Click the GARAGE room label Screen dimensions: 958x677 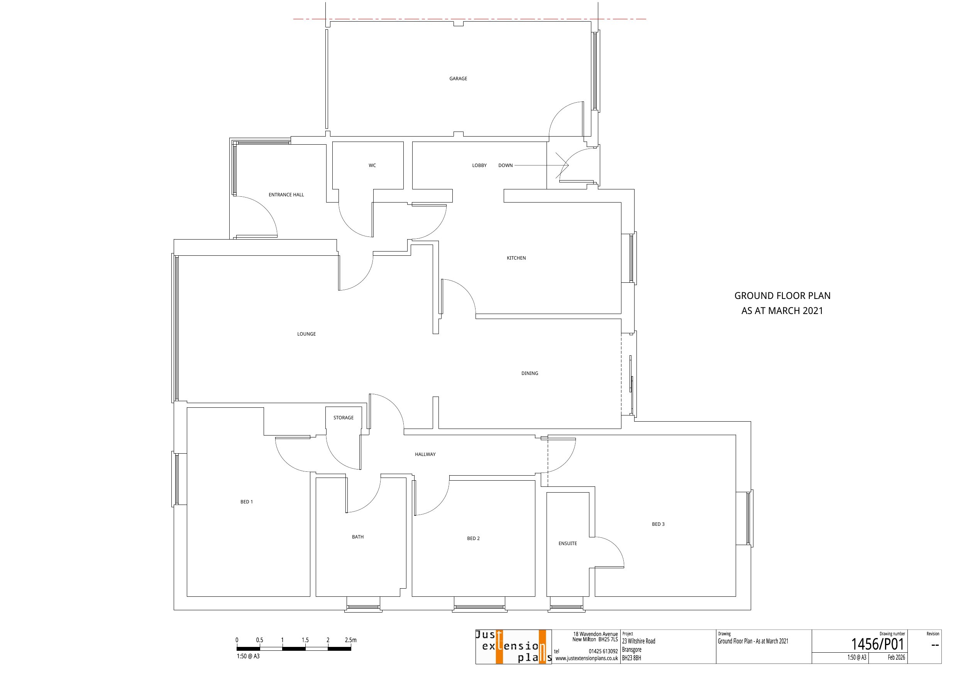tap(458, 78)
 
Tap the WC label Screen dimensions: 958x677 tap(372, 165)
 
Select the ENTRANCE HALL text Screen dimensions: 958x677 tap(286, 195)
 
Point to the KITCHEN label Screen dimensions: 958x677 tap(516, 258)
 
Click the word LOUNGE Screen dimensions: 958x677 tap(306, 334)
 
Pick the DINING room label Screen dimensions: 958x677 tap(530, 373)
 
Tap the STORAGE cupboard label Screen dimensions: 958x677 tap(344, 417)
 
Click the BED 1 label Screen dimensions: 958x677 tap(247, 502)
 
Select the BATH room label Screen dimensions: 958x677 tap(357, 537)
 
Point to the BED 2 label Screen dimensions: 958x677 tap(473, 539)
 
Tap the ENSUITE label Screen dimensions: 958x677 tap(567, 544)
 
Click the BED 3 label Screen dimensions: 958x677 tap(658, 524)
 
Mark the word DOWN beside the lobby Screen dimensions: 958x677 tap(505, 165)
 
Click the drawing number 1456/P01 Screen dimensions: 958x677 tap(877, 644)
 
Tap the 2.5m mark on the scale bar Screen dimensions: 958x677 tap(350, 640)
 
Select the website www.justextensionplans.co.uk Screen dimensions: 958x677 tap(587, 658)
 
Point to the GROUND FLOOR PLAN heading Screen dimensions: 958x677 tap(782, 296)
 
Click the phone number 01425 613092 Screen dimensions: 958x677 tap(603, 651)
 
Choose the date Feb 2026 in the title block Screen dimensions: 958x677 tap(896, 657)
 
